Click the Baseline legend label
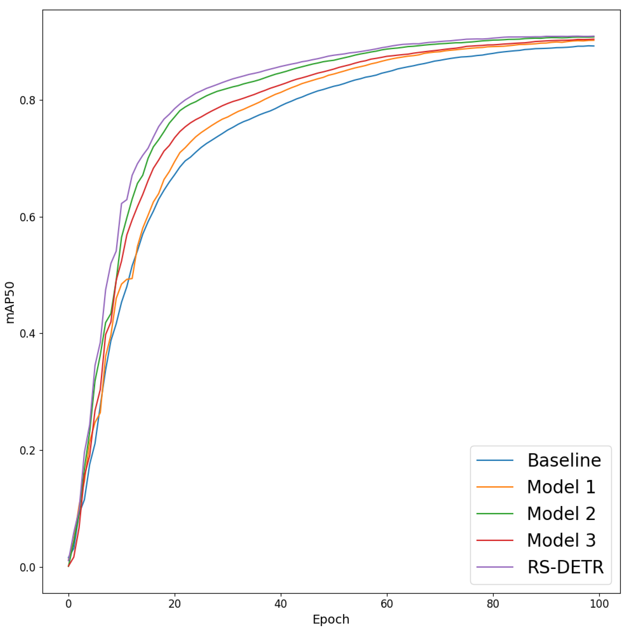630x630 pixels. coord(564,460)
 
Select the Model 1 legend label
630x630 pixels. coord(561,487)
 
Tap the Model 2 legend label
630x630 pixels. coord(561,514)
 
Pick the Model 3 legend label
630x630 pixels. coord(561,540)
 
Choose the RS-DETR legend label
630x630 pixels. coord(565,567)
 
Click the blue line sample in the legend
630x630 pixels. coord(495,460)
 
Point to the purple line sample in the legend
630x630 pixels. coord(495,567)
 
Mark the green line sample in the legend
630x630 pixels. coord(495,514)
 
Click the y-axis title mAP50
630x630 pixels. coord(10,302)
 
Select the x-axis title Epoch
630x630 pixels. coord(331,619)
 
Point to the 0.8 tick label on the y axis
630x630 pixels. coord(27,100)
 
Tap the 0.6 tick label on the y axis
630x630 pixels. coord(27,217)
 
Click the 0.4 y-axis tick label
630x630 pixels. coord(27,334)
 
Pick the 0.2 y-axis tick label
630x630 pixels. coord(27,451)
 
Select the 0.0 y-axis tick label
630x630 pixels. coord(27,567)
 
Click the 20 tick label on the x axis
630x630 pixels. coord(174,604)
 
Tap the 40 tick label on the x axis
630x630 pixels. coord(280,604)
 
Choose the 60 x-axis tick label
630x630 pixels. coord(387,604)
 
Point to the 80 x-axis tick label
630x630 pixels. coord(493,604)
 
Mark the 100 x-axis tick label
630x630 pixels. coord(599,604)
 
